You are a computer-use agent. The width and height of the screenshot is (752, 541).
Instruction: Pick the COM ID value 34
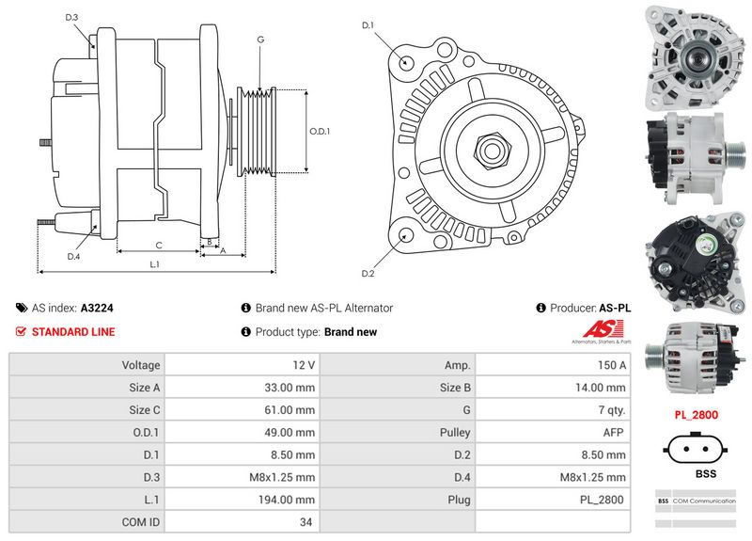click(x=305, y=522)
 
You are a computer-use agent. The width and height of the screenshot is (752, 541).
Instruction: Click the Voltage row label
click(x=141, y=364)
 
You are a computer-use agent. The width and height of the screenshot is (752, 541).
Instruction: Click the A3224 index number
click(x=98, y=308)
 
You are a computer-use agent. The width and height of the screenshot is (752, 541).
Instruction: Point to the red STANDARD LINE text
click(x=73, y=332)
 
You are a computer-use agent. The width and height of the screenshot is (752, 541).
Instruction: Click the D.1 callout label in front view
click(x=368, y=24)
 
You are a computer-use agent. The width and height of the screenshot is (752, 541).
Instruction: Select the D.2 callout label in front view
click(x=368, y=274)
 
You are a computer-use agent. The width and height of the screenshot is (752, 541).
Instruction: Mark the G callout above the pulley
click(x=259, y=40)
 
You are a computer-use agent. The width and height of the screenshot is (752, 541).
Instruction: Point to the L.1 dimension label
click(x=155, y=264)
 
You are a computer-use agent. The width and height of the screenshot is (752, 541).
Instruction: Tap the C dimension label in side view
click(x=159, y=246)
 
